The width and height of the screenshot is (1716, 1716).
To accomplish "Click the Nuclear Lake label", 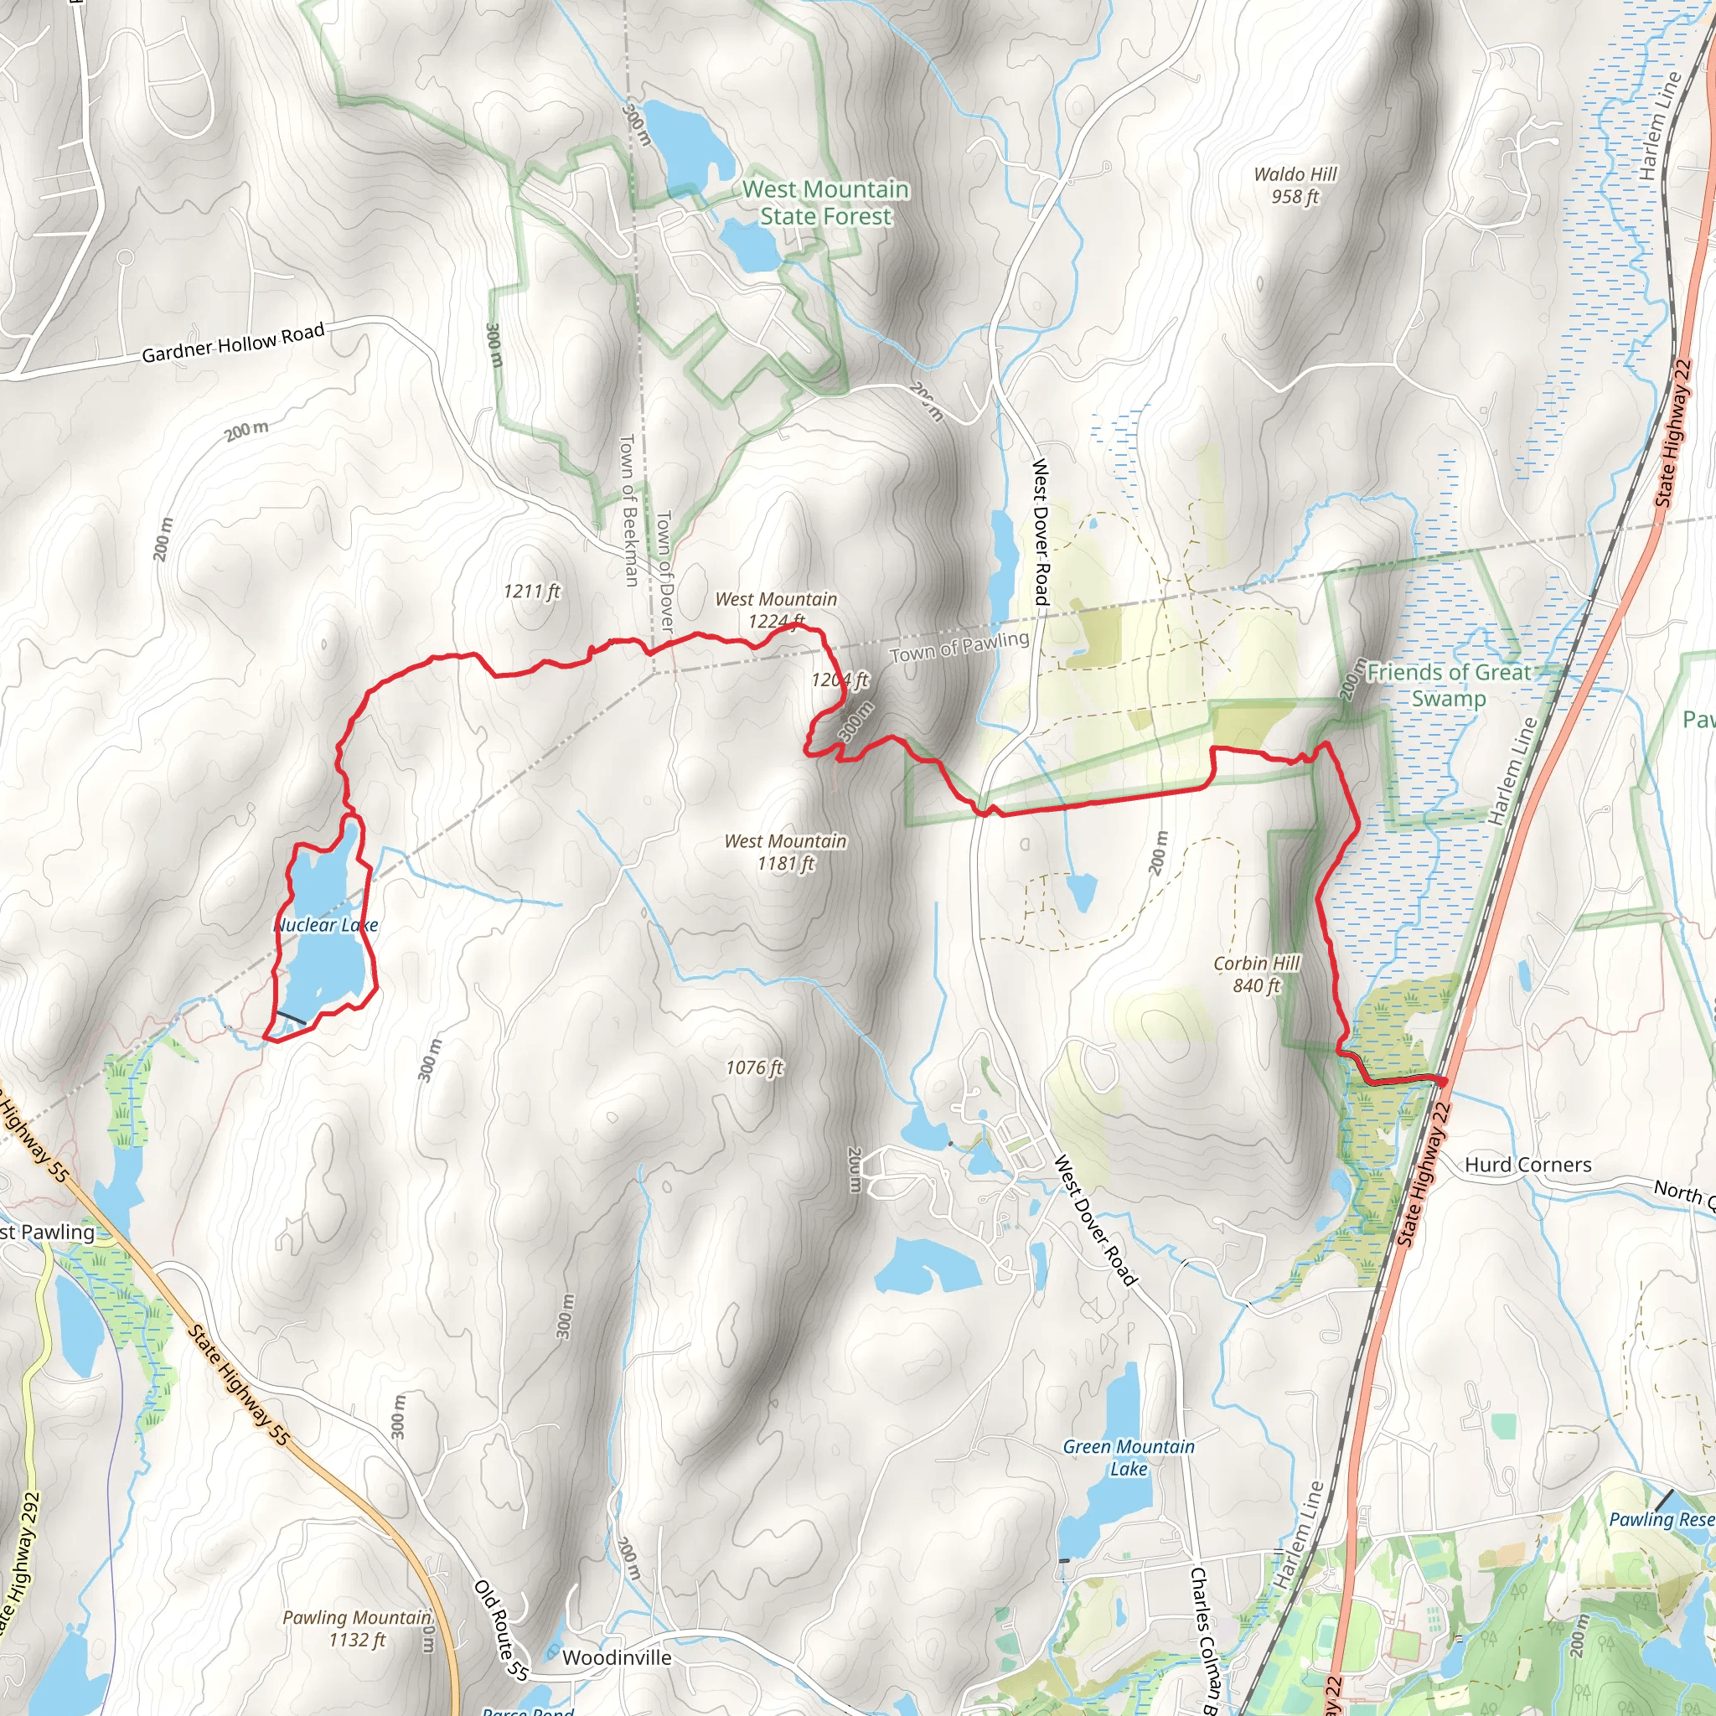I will [x=326, y=925].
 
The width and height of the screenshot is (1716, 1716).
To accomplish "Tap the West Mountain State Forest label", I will [x=825, y=203].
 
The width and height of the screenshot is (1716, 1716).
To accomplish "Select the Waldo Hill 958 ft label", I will [x=1295, y=184].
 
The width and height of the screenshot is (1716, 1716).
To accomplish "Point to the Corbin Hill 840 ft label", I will [x=1256, y=974].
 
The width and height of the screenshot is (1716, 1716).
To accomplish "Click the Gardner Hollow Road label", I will [x=233, y=344].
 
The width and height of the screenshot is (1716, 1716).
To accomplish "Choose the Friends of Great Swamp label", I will [x=1448, y=685].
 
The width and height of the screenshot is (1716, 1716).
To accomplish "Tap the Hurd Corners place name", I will [x=1527, y=1165].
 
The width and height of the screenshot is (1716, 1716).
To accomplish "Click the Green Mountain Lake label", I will [x=1128, y=1458].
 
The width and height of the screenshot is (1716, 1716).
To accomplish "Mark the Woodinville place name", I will [x=617, y=1657].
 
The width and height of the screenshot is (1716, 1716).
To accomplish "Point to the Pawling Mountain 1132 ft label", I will [x=357, y=1628].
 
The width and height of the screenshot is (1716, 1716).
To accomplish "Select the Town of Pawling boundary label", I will [x=959, y=647].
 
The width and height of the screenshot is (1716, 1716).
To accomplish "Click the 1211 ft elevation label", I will [x=531, y=591].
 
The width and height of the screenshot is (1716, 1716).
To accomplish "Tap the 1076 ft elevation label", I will [x=754, y=1067].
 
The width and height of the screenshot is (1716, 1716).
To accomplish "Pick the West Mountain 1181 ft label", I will [x=785, y=852].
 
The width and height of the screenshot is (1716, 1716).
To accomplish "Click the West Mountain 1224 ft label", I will [x=776, y=609].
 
